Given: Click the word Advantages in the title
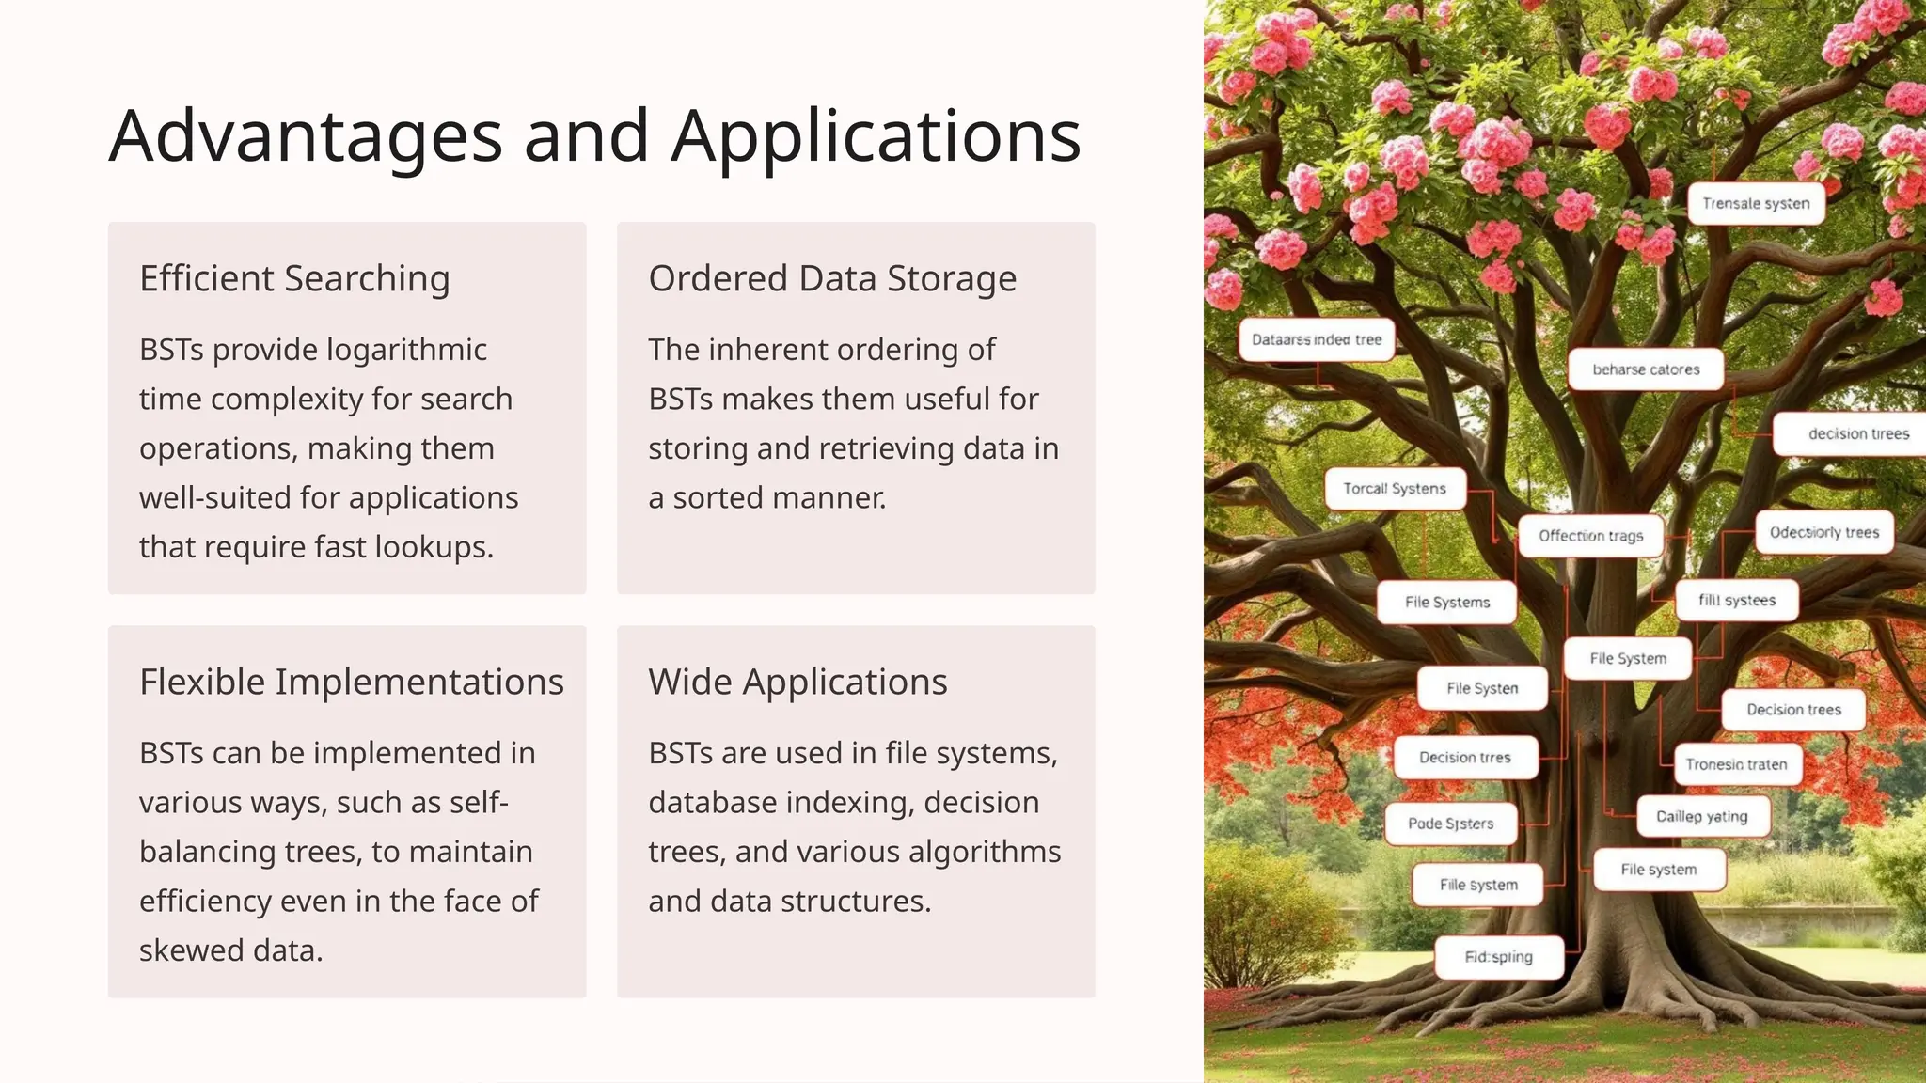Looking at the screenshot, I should pyautogui.click(x=306, y=137).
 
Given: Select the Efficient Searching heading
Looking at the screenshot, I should pyautogui.click(x=294, y=278).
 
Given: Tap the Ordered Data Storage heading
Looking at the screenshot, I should pyautogui.click(x=832, y=278).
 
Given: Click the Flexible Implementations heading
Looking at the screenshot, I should pyautogui.click(x=351, y=682).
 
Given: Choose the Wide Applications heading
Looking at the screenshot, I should pyautogui.click(x=797, y=682).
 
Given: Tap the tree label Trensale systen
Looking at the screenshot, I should pyautogui.click(x=1755, y=204).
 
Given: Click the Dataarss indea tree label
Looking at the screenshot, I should pyautogui.click(x=1316, y=340).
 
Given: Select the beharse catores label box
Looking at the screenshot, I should pyautogui.click(x=1645, y=369).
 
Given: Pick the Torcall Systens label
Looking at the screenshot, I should pyautogui.click(x=1394, y=489).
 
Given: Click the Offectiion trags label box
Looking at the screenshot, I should pyautogui.click(x=1590, y=536).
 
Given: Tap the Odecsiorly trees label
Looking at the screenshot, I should pyautogui.click(x=1823, y=533).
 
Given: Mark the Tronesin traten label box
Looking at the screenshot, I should pyautogui.click(x=1735, y=764).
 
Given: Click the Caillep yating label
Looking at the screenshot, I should pyautogui.click(x=1701, y=816).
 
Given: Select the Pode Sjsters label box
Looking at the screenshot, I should pyautogui.click(x=1450, y=824).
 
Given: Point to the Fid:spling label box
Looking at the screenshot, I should pyautogui.click(x=1498, y=957).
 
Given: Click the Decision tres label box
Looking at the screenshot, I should pyautogui.click(x=1464, y=758).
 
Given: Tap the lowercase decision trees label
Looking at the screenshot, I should pyautogui.click(x=1858, y=434).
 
